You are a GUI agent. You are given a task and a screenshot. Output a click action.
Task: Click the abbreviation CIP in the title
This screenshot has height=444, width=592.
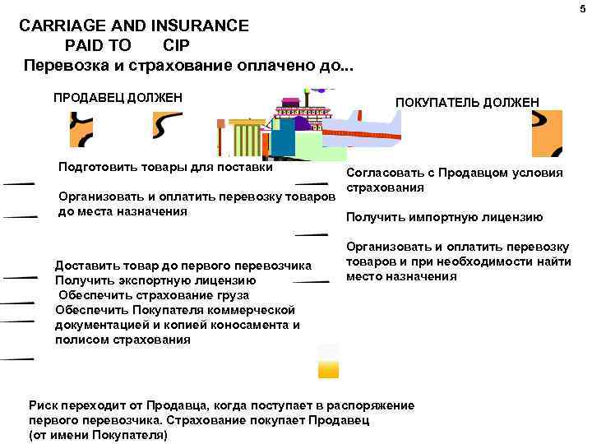pyautogui.click(x=176, y=45)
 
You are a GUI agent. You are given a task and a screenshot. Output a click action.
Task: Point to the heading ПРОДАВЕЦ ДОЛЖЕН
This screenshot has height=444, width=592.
pyautogui.click(x=117, y=98)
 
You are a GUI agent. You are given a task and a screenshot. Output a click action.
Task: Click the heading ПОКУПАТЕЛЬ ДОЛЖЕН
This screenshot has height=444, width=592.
pyautogui.click(x=467, y=101)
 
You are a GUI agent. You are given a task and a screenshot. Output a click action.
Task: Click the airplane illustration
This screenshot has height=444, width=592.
pyautogui.click(x=362, y=132)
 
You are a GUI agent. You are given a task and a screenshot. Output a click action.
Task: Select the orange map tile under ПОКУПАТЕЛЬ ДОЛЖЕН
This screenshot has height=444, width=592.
pyautogui.click(x=547, y=132)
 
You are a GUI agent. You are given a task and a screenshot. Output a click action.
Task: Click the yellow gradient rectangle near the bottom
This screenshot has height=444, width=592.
pyautogui.click(x=328, y=362)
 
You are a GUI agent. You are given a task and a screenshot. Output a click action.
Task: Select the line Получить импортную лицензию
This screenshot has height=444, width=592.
pyautogui.click(x=444, y=217)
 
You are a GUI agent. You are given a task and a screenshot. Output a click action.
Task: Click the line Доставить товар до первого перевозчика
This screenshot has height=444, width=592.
pyautogui.click(x=183, y=266)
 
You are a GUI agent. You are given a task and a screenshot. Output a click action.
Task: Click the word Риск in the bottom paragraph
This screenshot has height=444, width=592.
pyautogui.click(x=44, y=406)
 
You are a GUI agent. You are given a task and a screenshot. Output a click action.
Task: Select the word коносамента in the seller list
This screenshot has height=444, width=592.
pyautogui.click(x=243, y=325)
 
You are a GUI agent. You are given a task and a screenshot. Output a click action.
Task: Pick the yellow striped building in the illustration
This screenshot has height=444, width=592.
pyautogui.click(x=247, y=138)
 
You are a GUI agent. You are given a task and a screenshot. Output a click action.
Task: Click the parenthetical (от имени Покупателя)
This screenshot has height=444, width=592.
pyautogui.click(x=98, y=434)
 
